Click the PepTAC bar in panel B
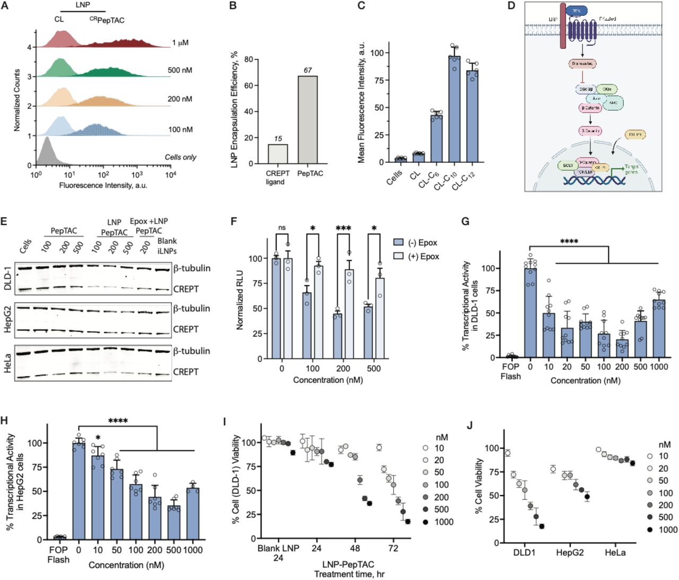point(308,120)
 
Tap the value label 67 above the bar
point(308,70)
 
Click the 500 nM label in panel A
point(180,70)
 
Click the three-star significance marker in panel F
point(343,229)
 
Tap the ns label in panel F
point(282,228)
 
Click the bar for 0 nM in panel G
point(530,313)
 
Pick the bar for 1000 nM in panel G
point(659,329)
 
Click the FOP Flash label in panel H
point(58,555)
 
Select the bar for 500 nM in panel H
point(173,523)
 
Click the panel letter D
point(511,6)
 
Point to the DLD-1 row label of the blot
point(7,278)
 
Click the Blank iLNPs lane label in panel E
point(167,245)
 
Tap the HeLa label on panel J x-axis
point(615,553)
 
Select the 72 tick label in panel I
point(393,548)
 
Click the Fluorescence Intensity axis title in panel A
point(103,186)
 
